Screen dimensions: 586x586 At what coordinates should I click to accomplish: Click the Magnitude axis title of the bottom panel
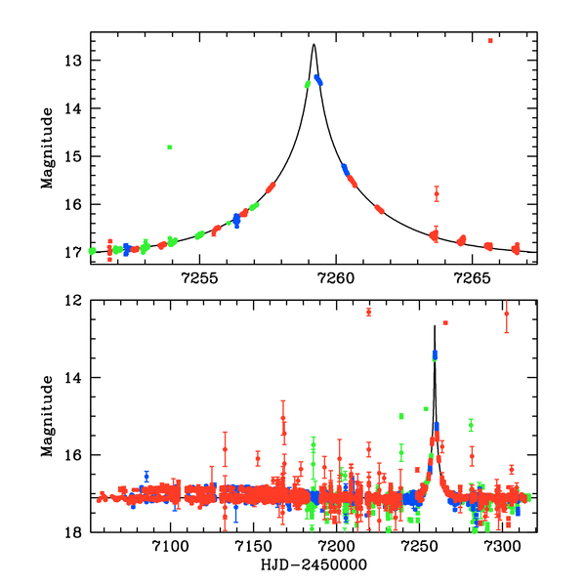click(46, 415)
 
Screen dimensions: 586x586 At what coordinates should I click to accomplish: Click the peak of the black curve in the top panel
click(314, 45)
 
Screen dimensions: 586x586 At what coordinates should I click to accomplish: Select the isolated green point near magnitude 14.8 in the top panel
click(170, 147)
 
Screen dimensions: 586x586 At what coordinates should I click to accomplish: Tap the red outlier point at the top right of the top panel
click(490, 41)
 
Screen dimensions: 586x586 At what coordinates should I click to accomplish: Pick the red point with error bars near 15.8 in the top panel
click(437, 194)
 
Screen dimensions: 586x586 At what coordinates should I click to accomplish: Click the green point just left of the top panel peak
click(308, 84)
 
